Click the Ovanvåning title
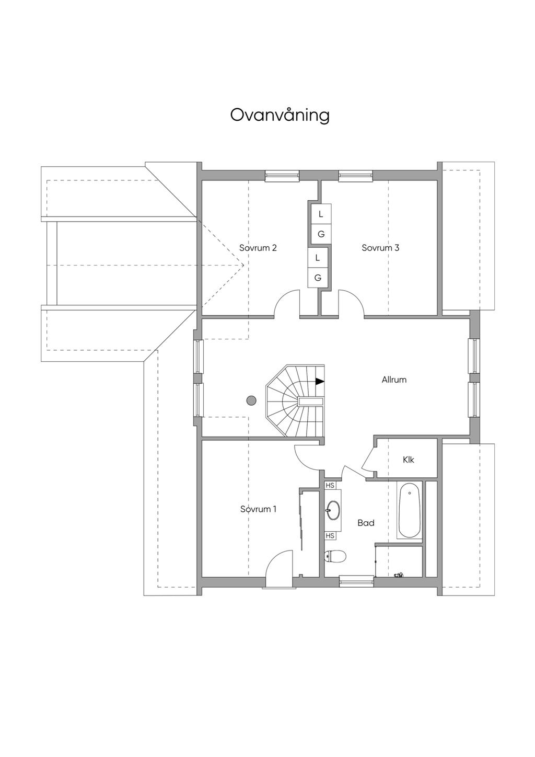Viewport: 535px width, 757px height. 280,116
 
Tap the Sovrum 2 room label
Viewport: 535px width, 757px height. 258,248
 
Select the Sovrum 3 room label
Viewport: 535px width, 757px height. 380,248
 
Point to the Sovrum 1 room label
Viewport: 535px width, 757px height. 259,509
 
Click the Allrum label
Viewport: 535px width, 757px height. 394,380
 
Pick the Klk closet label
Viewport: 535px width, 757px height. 409,460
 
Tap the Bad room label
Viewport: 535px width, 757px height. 366,523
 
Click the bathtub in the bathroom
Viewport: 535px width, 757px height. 410,510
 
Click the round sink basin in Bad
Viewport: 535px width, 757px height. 333,510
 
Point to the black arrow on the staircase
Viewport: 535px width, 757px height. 320,381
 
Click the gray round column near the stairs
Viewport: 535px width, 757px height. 251,400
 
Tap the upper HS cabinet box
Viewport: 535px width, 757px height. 330,485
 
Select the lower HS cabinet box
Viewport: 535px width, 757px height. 330,536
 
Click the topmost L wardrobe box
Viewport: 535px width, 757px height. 321,214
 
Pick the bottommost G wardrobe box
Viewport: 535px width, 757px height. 318,278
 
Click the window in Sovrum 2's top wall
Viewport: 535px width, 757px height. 282,176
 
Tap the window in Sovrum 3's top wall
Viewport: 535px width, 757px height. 356,176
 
